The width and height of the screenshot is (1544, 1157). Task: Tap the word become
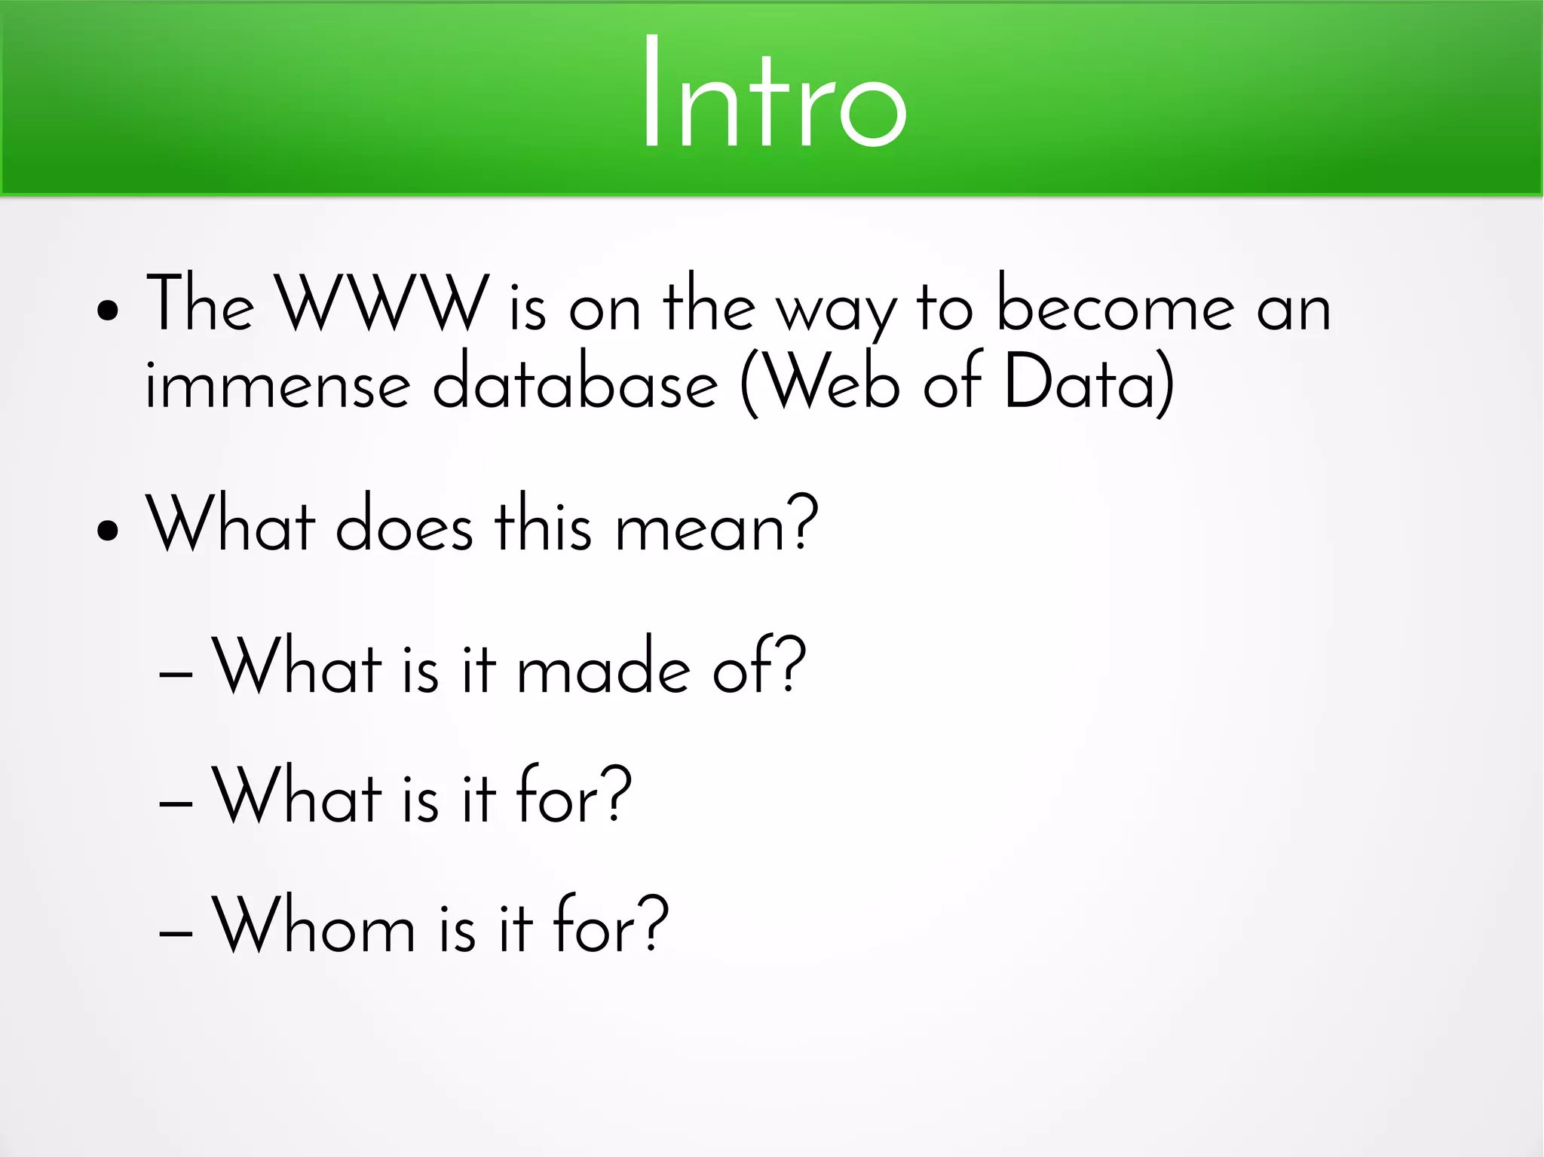tap(1115, 304)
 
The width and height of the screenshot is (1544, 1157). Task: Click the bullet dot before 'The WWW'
tap(108, 311)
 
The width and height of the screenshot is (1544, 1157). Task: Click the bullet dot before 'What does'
tap(108, 530)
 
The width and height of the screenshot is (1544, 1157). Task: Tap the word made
tap(603, 667)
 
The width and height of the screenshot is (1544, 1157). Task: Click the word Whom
tap(314, 926)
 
